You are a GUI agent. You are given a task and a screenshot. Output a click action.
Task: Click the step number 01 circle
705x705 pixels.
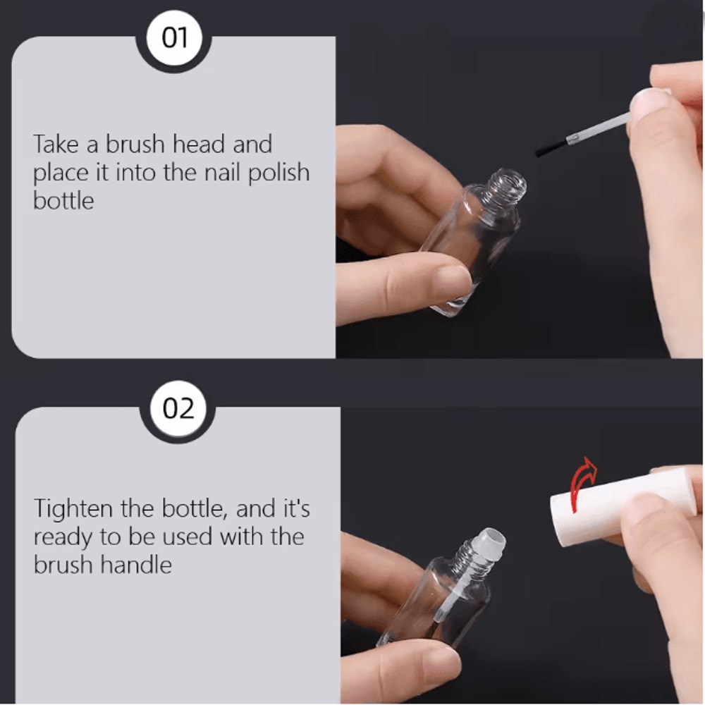(174, 37)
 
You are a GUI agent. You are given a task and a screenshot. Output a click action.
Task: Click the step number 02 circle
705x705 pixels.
(178, 408)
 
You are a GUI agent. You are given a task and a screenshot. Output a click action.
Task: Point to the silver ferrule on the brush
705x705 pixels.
(572, 137)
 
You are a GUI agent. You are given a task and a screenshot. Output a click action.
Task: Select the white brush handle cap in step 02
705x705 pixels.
(623, 505)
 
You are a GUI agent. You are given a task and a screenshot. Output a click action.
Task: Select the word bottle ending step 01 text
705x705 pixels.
(63, 201)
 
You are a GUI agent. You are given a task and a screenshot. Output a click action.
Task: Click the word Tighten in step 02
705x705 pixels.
(73, 510)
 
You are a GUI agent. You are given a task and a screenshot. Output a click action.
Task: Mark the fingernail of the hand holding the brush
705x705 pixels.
(646, 100)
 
